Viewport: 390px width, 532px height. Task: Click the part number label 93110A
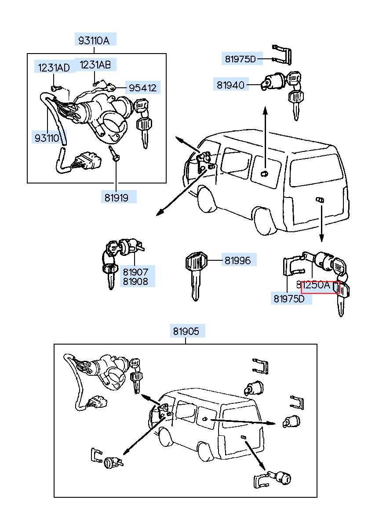pos(94,40)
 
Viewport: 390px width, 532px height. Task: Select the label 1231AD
pos(54,68)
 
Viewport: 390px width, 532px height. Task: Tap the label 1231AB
pos(95,65)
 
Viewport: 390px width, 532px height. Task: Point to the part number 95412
pos(142,88)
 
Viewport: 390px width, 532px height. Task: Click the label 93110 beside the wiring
pos(47,138)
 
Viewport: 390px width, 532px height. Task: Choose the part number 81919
pos(117,198)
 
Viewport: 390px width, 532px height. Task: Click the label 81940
pos(230,84)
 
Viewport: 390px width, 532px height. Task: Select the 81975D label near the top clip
pos(240,59)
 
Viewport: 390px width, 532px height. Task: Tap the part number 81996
pos(237,260)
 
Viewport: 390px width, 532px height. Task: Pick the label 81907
pos(135,272)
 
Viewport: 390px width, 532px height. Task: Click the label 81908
pos(135,282)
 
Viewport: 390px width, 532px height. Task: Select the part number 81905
pos(186,331)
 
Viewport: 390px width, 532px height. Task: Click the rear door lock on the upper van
pos(320,200)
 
